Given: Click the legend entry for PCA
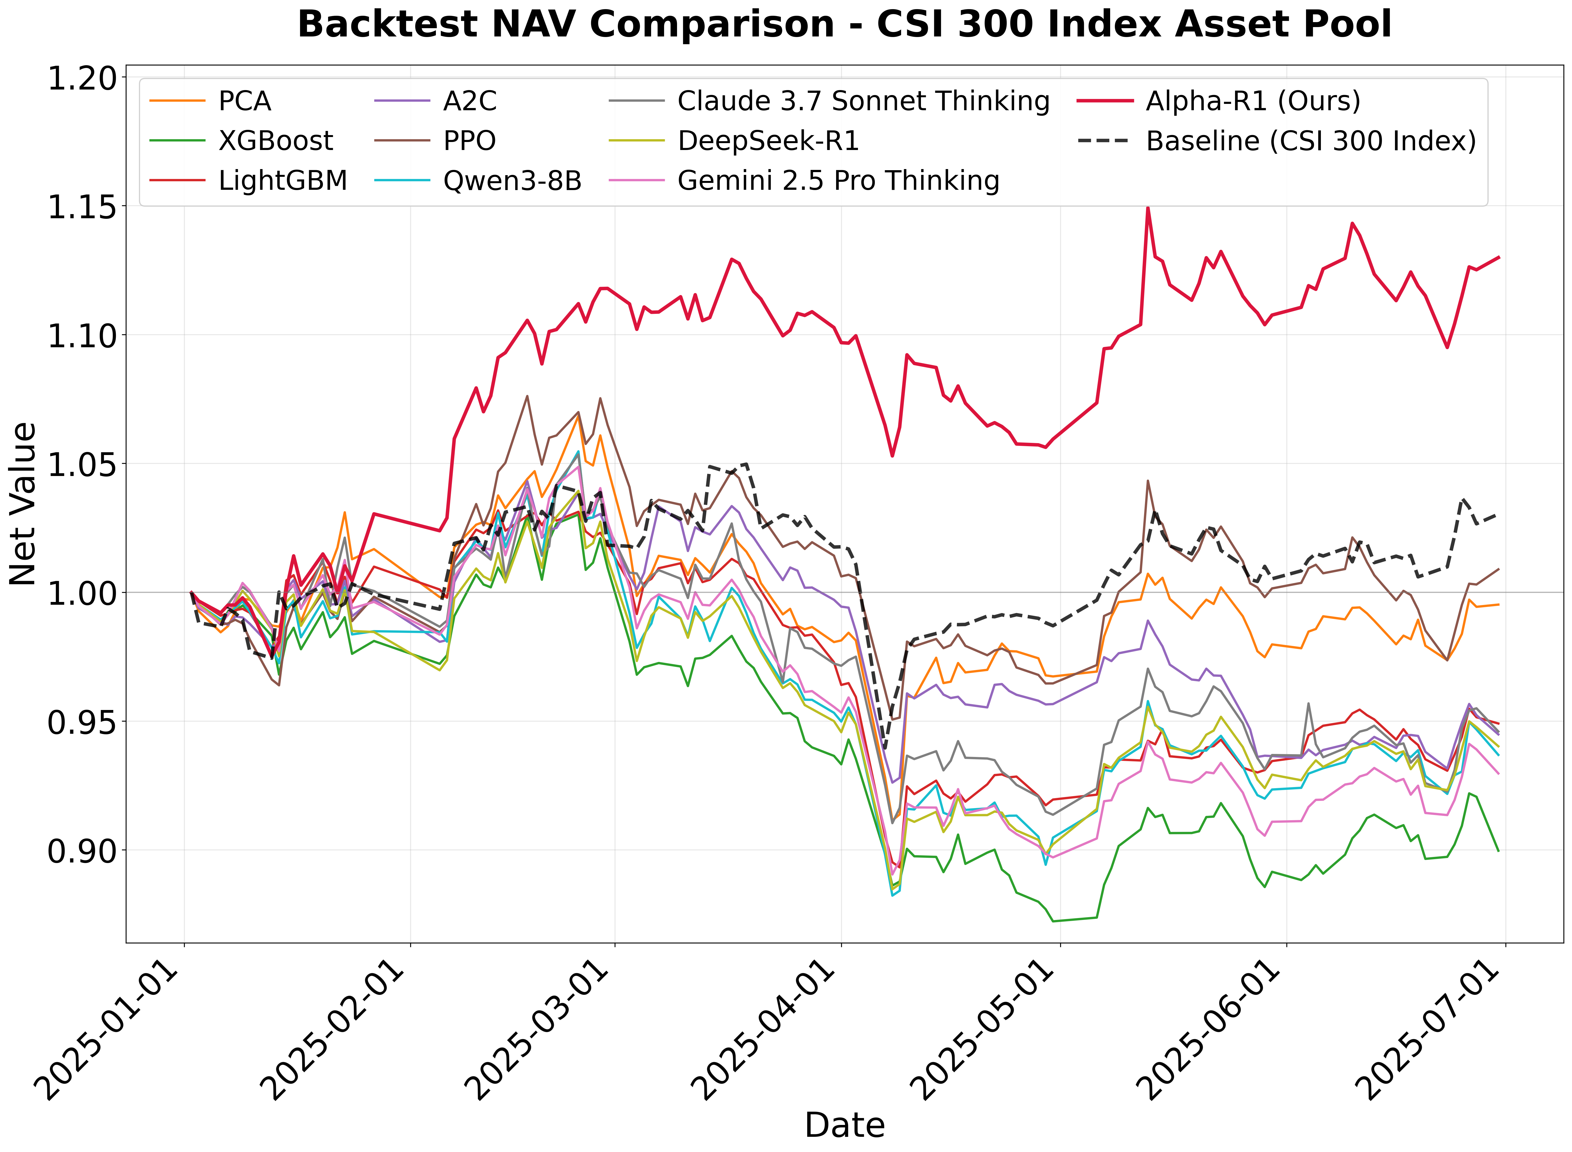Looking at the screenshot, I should click(244, 101).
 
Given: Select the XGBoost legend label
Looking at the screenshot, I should click(275, 141).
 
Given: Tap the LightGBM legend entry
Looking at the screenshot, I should click(282, 181).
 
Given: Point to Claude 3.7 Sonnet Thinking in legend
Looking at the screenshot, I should click(863, 101).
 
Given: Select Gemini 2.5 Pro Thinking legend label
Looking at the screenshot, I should click(838, 181).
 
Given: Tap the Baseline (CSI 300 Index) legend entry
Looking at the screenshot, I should click(1311, 141).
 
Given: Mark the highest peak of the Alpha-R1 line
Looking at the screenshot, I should click(1147, 208).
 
